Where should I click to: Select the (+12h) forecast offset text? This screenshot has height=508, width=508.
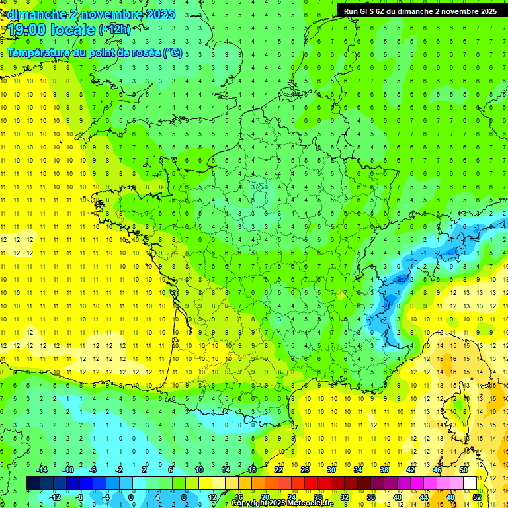pyautogui.click(x=115, y=30)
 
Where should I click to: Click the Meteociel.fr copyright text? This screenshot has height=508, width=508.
pyautogui.click(x=283, y=503)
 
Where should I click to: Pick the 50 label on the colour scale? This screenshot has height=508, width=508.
pyautogui.click(x=463, y=470)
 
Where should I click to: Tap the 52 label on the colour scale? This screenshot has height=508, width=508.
pyautogui.click(x=477, y=497)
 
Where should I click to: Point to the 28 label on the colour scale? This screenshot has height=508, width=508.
pyautogui.click(x=318, y=497)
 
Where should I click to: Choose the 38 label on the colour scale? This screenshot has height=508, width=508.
pyautogui.click(x=384, y=470)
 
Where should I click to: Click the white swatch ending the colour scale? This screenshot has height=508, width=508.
pyautogui.click(x=470, y=484)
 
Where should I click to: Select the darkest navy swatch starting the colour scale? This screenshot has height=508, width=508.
pyautogui.click(x=33, y=484)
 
